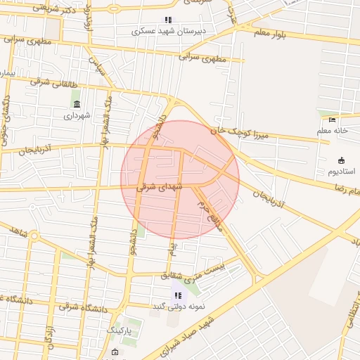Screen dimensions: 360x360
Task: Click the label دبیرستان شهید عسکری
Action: pos(169,31)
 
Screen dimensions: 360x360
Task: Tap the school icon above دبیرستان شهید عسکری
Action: pos(167,20)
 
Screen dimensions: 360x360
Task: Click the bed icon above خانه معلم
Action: pos(333,120)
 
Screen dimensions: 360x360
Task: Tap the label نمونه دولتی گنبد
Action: pos(177,306)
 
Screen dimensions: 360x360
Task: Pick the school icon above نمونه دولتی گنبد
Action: pos(178,295)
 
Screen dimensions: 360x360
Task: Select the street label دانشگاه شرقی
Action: pos(81,306)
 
